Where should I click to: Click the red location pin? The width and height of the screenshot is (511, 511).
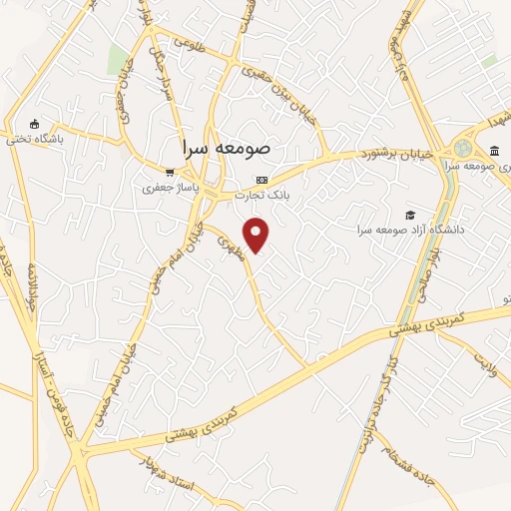[256, 234]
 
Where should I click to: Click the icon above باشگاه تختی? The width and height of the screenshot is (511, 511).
[35, 125]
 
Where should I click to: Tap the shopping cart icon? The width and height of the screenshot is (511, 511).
[171, 172]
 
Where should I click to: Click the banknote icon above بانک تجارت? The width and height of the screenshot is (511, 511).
[261, 180]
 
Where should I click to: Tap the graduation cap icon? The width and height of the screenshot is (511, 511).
[407, 215]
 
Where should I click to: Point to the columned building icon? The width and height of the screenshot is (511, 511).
[495, 150]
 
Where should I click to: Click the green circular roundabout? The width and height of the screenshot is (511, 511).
[462, 149]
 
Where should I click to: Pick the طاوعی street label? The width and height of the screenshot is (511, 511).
[189, 44]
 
